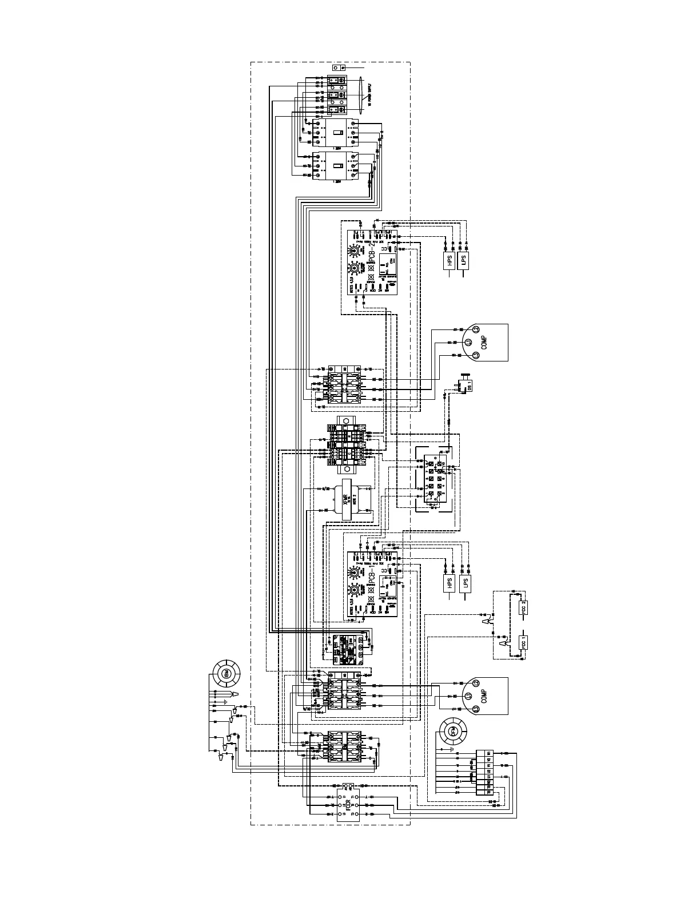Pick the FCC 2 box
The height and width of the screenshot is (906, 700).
523,605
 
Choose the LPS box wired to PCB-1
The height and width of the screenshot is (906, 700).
466,583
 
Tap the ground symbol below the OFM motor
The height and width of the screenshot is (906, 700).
452,749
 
